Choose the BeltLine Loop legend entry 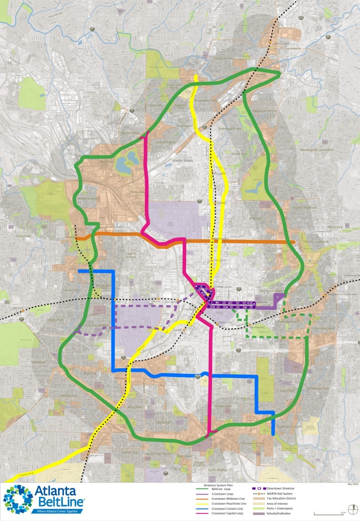pyautogui.click(x=214, y=489)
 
